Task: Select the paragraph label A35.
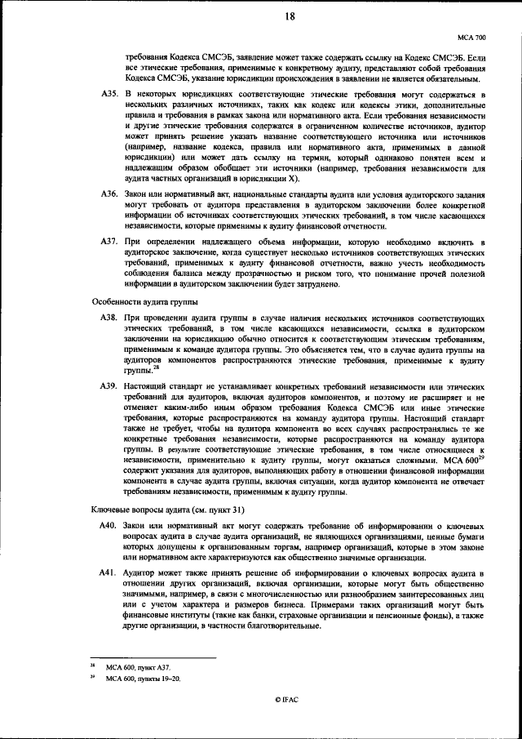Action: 111,96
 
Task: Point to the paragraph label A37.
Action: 111,243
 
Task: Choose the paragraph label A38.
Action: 111,315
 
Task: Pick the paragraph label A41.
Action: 111,575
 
